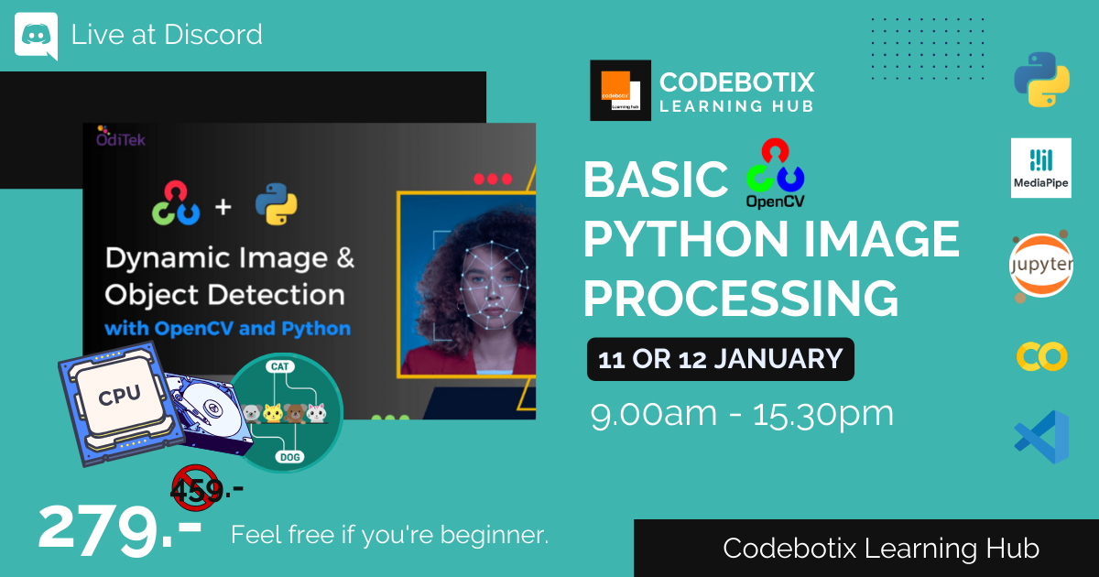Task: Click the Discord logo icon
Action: point(37,36)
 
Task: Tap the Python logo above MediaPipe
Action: point(1041,80)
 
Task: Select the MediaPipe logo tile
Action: point(1041,168)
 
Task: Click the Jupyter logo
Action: point(1041,266)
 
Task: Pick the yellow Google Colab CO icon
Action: point(1041,356)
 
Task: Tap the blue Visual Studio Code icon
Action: point(1041,437)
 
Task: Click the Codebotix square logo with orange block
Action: point(620,91)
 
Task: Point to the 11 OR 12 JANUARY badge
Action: point(720,359)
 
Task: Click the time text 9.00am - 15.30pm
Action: point(742,415)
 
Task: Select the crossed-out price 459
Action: point(196,489)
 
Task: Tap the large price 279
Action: point(119,531)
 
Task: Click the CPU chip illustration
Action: point(120,403)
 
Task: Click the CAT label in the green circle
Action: point(279,366)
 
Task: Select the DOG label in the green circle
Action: point(290,457)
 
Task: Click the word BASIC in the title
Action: point(656,180)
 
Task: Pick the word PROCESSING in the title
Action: point(741,298)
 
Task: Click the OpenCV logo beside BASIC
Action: point(775,173)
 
